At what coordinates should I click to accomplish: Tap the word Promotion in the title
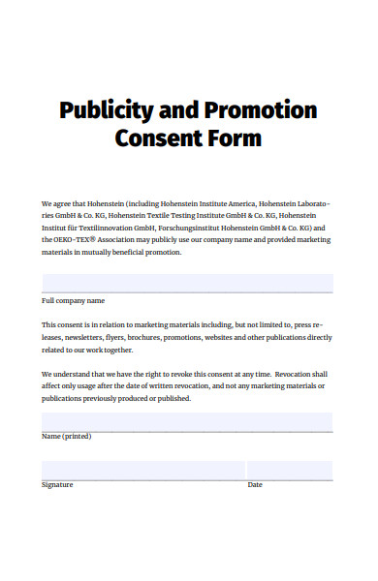(x=259, y=109)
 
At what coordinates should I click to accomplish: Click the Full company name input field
(x=187, y=282)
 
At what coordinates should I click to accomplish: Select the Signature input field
(x=142, y=470)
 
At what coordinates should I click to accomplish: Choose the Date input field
(x=290, y=470)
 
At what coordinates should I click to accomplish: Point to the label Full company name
(x=73, y=301)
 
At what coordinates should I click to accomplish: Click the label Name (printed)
(x=66, y=437)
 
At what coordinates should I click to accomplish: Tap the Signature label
(x=57, y=484)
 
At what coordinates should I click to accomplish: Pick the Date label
(x=255, y=484)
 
